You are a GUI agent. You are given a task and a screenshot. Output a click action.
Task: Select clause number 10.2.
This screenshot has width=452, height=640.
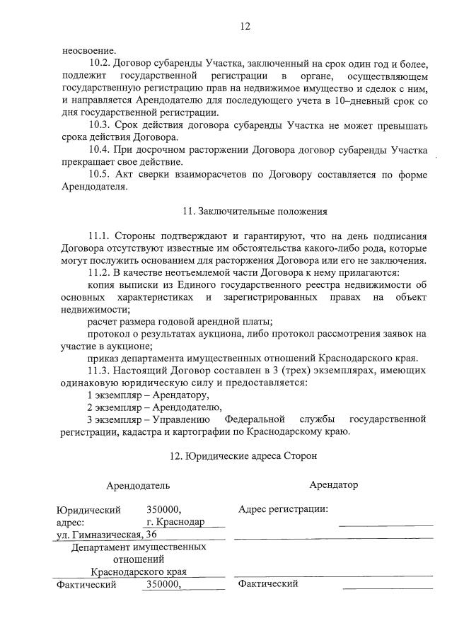tap(100, 62)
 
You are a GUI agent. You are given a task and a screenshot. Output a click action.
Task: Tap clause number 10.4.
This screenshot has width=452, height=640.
tap(100, 150)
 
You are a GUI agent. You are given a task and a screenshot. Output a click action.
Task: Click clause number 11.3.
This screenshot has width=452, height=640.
tap(100, 370)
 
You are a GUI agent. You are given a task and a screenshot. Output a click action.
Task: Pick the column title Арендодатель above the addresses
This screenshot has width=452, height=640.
tap(138, 486)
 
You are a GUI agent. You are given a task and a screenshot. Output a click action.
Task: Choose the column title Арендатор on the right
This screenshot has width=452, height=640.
tap(333, 484)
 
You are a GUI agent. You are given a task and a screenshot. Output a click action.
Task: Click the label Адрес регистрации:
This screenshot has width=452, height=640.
tap(283, 509)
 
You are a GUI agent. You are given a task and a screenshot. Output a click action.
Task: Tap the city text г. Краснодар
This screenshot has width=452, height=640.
tap(175, 522)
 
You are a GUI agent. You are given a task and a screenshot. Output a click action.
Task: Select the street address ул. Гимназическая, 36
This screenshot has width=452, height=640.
tap(106, 535)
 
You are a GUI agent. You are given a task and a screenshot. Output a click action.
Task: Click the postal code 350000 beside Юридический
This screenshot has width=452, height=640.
tap(164, 509)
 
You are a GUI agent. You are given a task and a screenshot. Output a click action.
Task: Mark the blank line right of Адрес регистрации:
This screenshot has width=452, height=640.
tap(386, 523)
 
